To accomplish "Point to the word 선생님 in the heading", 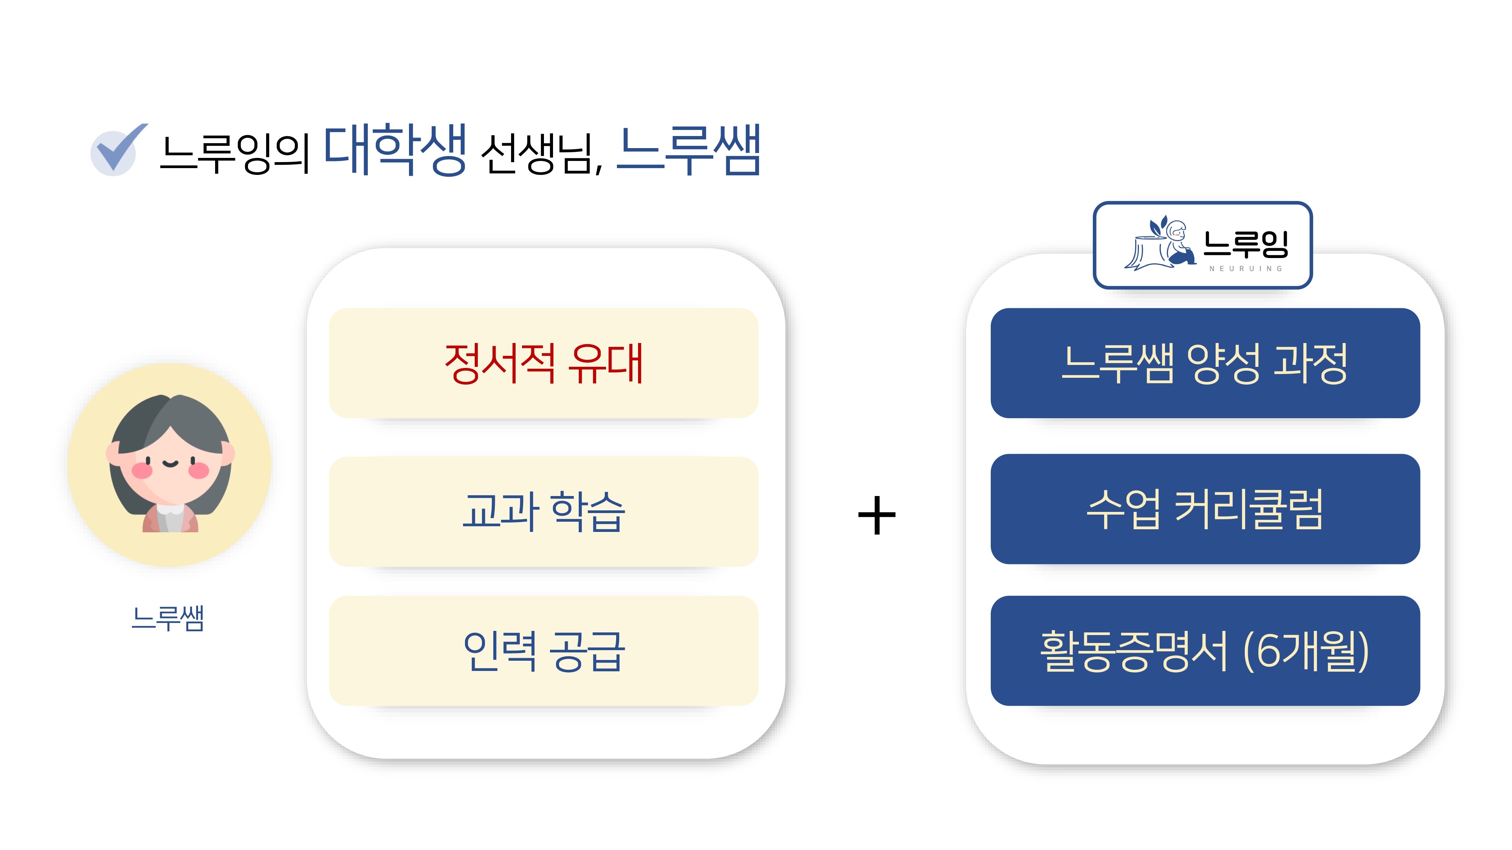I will [537, 154].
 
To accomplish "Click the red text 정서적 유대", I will [544, 364].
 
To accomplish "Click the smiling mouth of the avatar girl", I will [170, 464].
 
